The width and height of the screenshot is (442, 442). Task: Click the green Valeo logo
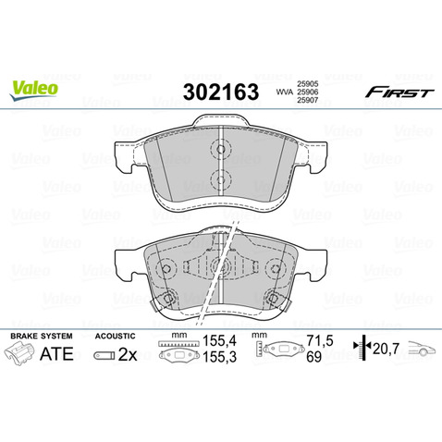click(x=34, y=89)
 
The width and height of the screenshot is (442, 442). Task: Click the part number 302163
click(x=221, y=92)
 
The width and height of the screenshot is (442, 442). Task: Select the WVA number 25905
click(x=308, y=84)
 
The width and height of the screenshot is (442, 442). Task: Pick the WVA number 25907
click(x=308, y=100)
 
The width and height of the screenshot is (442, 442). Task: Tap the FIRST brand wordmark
click(x=399, y=92)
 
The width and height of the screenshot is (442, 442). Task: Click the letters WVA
click(x=284, y=92)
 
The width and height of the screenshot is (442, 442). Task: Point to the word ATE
click(x=56, y=354)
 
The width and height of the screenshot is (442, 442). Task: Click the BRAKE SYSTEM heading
click(x=42, y=336)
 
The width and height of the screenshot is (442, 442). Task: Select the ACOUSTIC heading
click(x=116, y=336)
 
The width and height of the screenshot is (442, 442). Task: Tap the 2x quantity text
click(x=128, y=355)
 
